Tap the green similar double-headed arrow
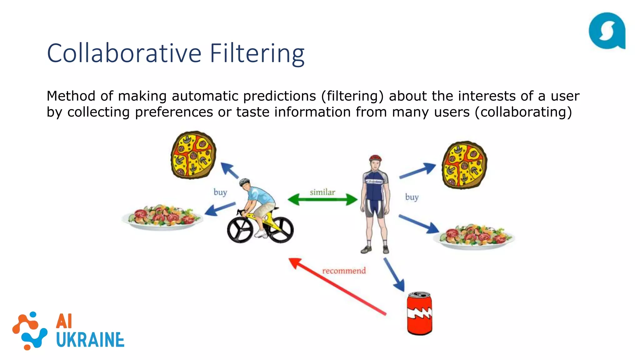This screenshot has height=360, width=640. pyautogui.click(x=322, y=199)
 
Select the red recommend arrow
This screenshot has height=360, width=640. pyautogui.click(x=337, y=286)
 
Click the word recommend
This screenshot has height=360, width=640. pyautogui.click(x=344, y=271)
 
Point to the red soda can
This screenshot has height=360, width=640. pyautogui.click(x=419, y=313)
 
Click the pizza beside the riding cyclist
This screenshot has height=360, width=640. pyautogui.click(x=193, y=155)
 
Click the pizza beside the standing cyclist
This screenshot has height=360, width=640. pyautogui.click(x=464, y=165)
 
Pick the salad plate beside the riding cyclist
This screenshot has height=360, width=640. pyautogui.click(x=162, y=217)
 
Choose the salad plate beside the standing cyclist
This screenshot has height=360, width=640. pyautogui.click(x=474, y=236)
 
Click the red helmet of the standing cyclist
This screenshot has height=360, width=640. pyautogui.click(x=375, y=158)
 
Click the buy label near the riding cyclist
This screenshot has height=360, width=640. pyautogui.click(x=220, y=192)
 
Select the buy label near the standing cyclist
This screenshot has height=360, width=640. pyautogui.click(x=412, y=197)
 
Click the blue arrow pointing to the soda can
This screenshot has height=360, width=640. pyautogui.click(x=394, y=275)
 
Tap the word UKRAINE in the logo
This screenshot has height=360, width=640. pyautogui.click(x=90, y=340)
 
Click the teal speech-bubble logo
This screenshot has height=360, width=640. pyautogui.click(x=607, y=31)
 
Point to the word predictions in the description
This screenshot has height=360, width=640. pyautogui.click(x=279, y=96)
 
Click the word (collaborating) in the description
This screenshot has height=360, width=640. pyautogui.click(x=523, y=112)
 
